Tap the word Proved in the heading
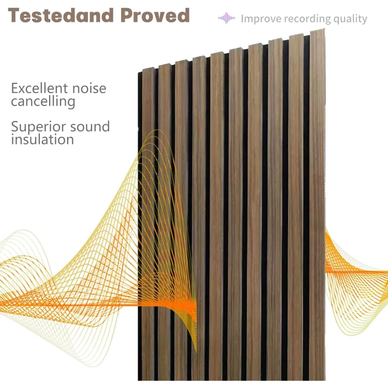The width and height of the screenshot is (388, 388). pos(155,16)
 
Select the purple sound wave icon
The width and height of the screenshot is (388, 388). pos(227,19)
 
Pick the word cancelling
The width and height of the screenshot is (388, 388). pos(43,101)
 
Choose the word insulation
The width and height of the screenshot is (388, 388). pos(42,140)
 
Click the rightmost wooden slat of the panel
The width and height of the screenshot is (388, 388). pos(317,207)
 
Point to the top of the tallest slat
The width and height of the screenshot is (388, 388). pos(317,32)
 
